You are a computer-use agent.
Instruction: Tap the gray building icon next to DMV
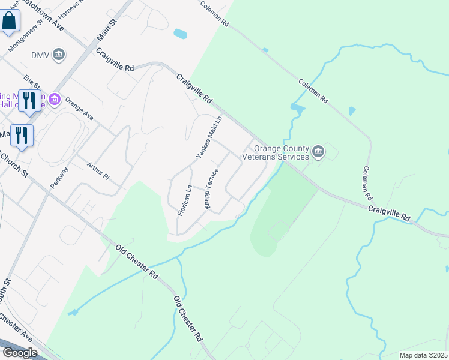click(59, 56)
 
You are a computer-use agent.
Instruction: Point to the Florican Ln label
click(185, 200)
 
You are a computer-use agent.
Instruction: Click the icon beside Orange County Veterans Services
click(318, 152)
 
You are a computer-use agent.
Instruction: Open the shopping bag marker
click(10, 21)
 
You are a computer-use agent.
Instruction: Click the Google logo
click(20, 352)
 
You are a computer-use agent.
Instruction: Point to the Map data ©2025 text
click(423, 355)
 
